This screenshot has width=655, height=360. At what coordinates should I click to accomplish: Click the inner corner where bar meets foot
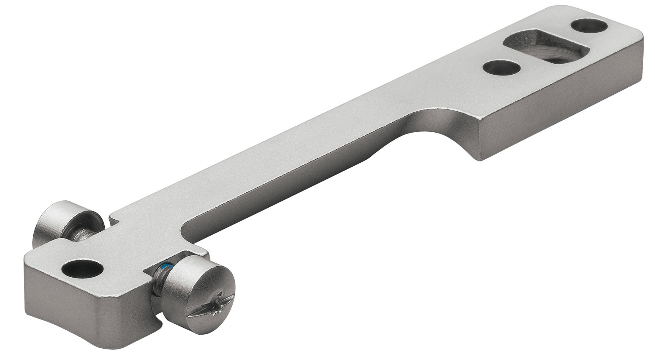pos(183,227)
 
